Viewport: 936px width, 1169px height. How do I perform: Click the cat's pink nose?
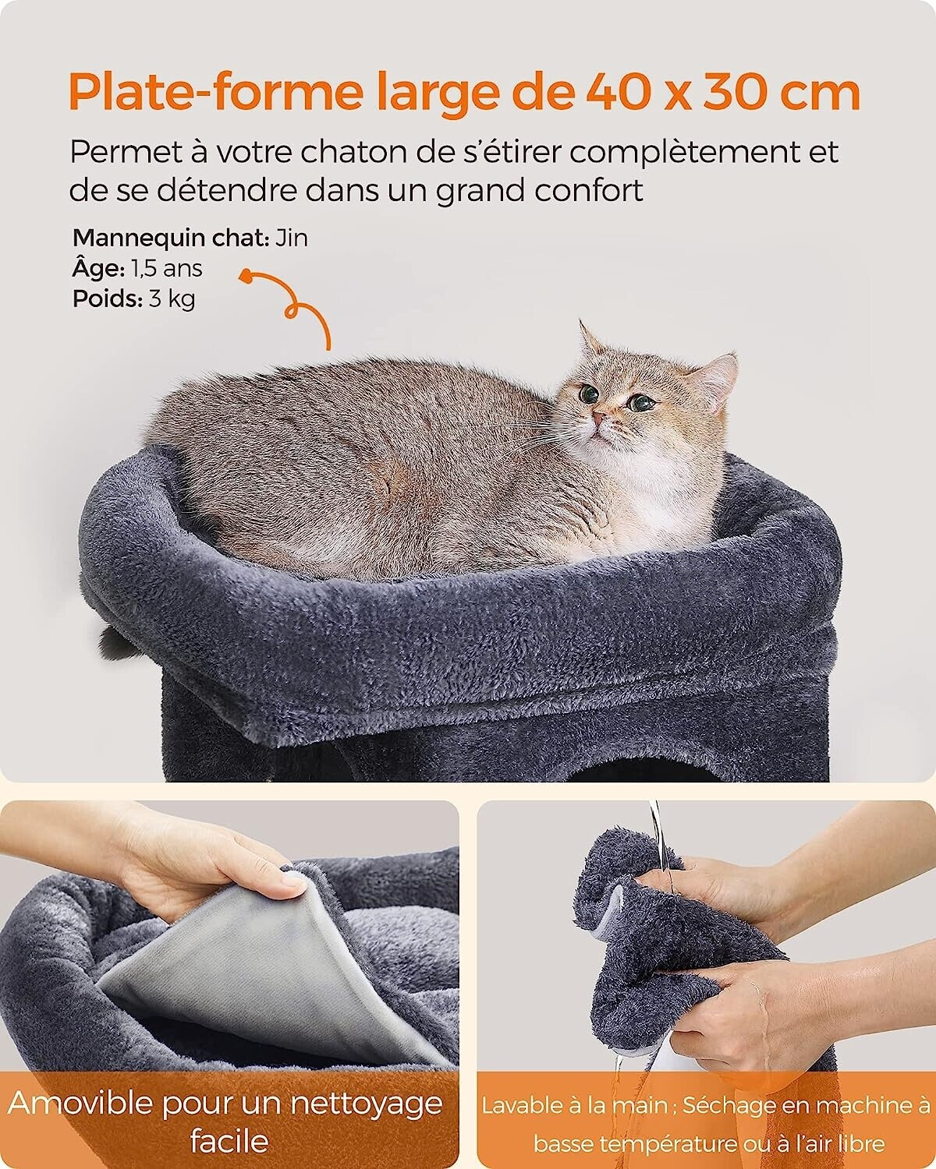(599, 418)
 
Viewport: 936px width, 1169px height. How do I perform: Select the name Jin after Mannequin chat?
(292, 238)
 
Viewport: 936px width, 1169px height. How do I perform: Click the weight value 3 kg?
(172, 298)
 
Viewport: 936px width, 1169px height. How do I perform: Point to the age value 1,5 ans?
(167, 268)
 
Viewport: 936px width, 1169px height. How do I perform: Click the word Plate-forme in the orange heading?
(215, 93)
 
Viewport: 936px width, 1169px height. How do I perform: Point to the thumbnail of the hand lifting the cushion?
(229, 987)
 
